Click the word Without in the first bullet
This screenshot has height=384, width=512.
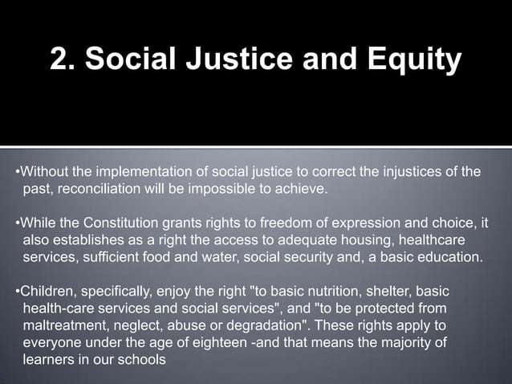[43, 172]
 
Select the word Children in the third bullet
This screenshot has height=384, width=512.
[46, 291]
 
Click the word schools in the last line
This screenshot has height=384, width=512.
[143, 361]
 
